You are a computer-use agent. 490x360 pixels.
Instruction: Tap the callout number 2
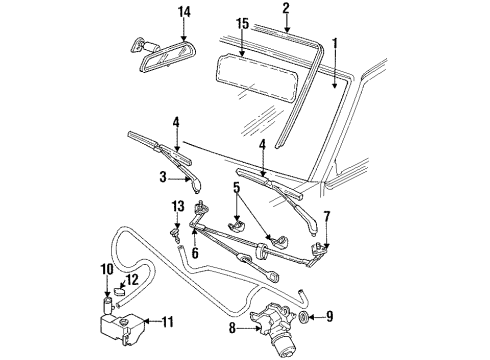286,9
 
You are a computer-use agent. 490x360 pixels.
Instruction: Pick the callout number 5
236,186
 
